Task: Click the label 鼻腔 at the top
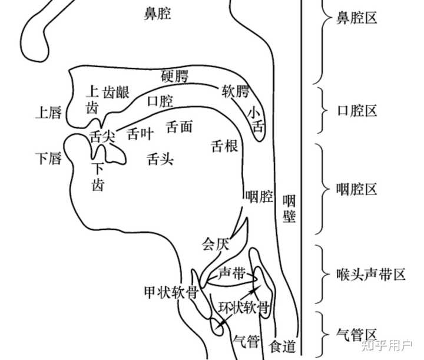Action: (x=158, y=13)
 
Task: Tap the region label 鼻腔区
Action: (x=356, y=19)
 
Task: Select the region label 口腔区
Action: (x=356, y=111)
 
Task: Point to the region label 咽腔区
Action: (x=356, y=190)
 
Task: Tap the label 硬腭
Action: (x=174, y=76)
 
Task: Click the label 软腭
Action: (x=235, y=91)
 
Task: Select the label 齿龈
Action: (x=116, y=93)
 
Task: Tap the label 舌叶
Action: (x=140, y=134)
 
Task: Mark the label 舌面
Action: (x=180, y=127)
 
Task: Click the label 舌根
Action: (x=224, y=146)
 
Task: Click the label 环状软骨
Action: (x=243, y=308)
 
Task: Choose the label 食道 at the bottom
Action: (x=281, y=345)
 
